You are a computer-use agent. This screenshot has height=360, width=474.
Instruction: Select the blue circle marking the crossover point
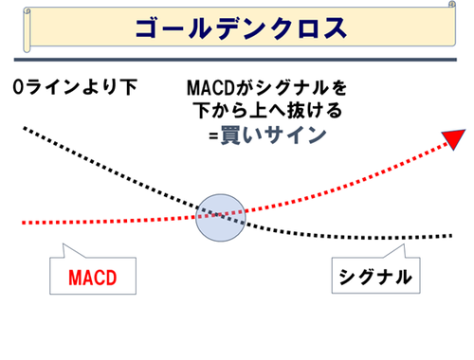coord(220,217)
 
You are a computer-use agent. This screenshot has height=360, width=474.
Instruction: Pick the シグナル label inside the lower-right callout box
coord(374,278)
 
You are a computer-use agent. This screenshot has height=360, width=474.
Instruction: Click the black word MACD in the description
coord(210,88)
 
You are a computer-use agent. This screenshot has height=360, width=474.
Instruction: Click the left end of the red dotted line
coord(23,222)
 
